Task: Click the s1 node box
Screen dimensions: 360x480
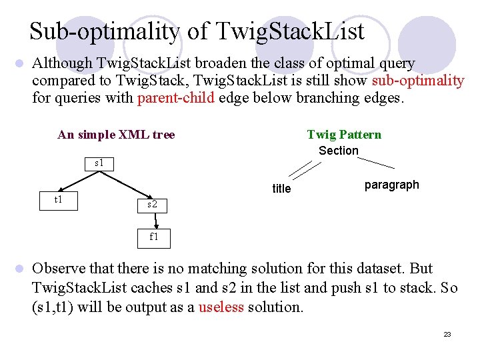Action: coord(99,163)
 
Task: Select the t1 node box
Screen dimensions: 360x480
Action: coord(59,199)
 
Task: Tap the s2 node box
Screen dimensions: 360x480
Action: coord(153,204)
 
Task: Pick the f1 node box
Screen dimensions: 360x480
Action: coord(153,237)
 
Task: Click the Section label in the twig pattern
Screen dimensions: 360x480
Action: coord(338,151)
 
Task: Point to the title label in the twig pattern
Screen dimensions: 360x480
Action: coord(281,189)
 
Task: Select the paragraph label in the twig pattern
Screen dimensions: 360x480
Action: coord(392,185)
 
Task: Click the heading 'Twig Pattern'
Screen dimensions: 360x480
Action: coord(344,135)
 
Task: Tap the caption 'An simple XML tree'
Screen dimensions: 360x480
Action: coord(116,135)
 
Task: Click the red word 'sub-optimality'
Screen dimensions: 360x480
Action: coord(418,81)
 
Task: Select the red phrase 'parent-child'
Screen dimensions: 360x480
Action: coord(176,98)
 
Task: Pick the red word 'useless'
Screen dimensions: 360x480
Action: coord(221,307)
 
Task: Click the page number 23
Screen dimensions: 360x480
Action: coord(447,334)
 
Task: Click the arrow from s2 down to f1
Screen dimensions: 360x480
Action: coord(153,220)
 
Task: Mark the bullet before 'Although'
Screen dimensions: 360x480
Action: coord(19,64)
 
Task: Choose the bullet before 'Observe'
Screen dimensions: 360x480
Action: coord(19,269)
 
